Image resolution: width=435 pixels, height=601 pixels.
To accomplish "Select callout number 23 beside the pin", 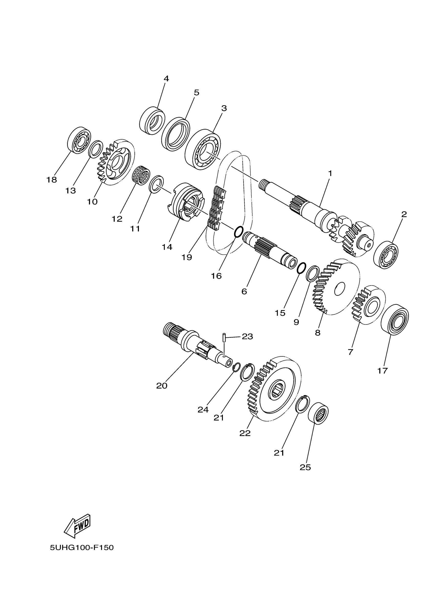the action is [247, 336].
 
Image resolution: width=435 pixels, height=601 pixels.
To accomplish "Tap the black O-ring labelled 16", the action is [239, 232].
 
